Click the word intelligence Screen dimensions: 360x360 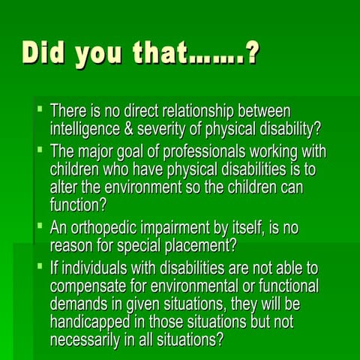84,127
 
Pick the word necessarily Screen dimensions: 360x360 86,338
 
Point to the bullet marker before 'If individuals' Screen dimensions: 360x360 39,266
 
